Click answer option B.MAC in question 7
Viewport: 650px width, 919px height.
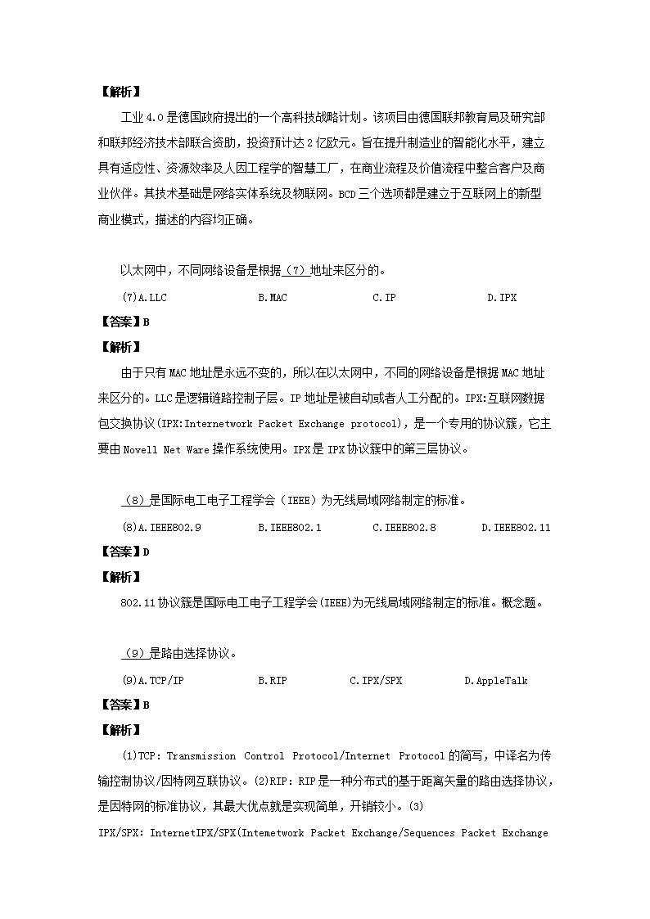click(x=273, y=298)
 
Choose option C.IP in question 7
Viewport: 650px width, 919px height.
click(x=384, y=298)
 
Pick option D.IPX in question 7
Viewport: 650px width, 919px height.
click(x=502, y=298)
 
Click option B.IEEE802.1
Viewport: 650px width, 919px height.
click(x=290, y=528)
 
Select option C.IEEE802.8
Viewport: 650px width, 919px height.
click(x=404, y=528)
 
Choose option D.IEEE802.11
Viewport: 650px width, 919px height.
click(x=516, y=528)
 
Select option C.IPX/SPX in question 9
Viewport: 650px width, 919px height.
click(x=376, y=681)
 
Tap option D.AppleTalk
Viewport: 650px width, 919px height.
click(x=496, y=681)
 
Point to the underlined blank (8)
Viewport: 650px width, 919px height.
click(x=134, y=500)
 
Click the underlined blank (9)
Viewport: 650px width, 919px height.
click(x=134, y=653)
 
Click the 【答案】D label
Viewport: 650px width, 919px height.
click(x=124, y=552)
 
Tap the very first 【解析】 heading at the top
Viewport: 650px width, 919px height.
click(x=120, y=92)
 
